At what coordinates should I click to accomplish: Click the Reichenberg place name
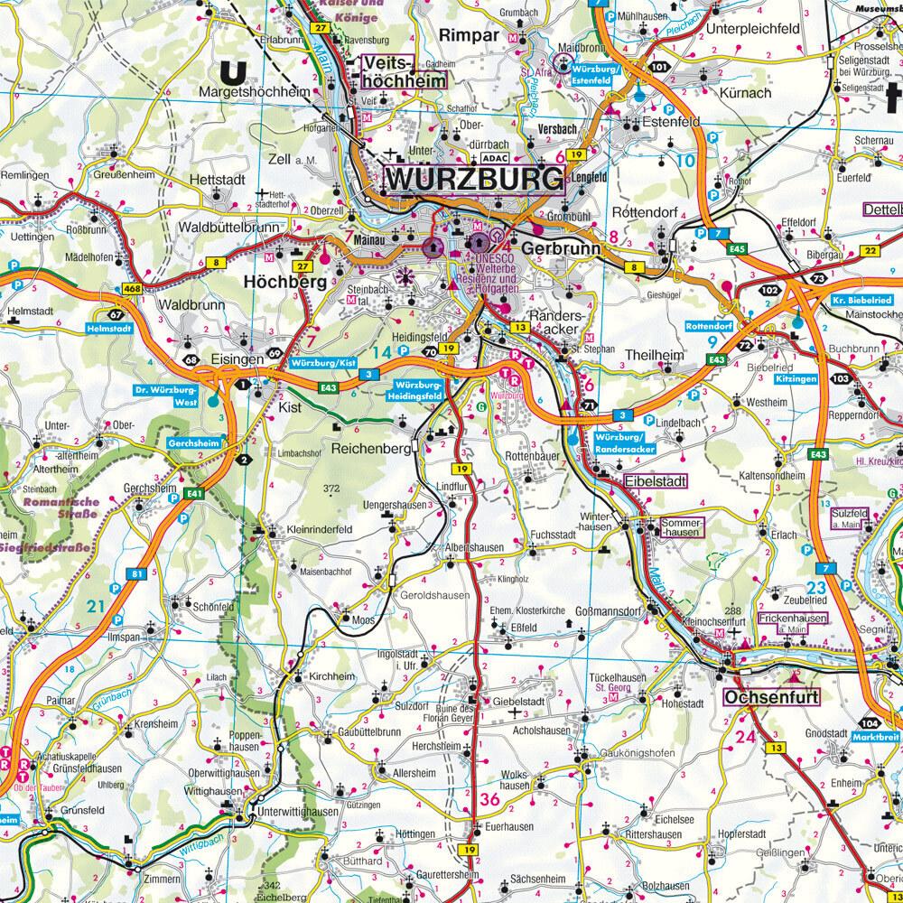(x=371, y=448)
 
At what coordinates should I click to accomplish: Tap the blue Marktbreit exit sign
(x=873, y=738)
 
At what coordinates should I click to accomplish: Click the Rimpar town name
(x=470, y=34)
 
